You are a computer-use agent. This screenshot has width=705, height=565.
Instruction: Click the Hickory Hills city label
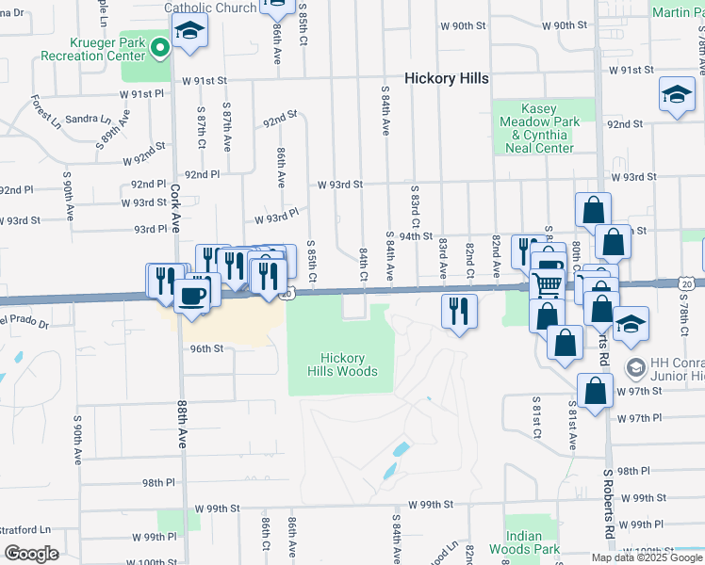tap(446, 78)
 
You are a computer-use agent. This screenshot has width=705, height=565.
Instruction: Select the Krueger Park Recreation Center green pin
tap(161, 45)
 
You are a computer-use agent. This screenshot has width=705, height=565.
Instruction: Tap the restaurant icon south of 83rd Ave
tap(459, 311)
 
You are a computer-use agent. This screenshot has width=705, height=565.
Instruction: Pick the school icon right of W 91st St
tap(677, 95)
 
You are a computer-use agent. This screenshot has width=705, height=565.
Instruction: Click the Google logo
tap(31, 554)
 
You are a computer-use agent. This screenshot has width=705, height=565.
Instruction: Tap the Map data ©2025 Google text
tap(646, 557)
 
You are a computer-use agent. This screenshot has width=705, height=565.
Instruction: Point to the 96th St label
tap(207, 347)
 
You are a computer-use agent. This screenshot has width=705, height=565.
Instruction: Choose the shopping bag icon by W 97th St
tap(596, 390)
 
